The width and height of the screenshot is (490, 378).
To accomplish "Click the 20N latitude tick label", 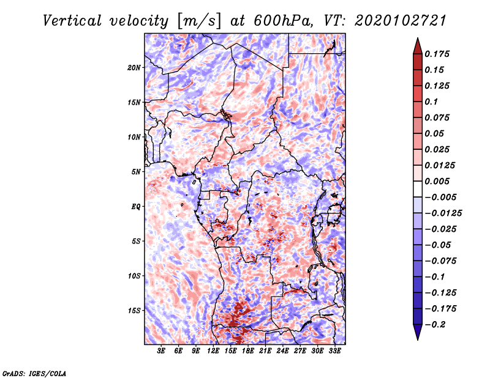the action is click(134, 68).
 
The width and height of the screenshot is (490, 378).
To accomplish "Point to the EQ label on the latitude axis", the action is click(135, 207).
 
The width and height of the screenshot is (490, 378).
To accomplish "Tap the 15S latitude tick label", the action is click(134, 311).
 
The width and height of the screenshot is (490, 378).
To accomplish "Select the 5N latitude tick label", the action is click(136, 172).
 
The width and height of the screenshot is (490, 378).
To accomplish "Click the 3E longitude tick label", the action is click(161, 351).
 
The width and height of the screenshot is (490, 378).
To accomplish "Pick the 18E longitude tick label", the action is click(248, 351).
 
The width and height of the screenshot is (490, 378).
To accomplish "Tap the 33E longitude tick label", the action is click(334, 351).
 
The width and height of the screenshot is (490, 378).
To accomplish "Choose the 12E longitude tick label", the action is click(213, 351).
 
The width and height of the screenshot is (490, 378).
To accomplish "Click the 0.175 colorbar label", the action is click(437, 54).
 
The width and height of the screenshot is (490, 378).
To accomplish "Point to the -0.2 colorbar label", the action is click(435, 325).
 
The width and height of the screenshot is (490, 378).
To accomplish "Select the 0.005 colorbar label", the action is click(437, 181).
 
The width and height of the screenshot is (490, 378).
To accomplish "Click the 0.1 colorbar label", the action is click(431, 102).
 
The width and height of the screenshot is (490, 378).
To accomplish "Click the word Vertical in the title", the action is click(72, 21).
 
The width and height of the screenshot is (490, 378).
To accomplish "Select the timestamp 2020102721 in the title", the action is click(401, 21).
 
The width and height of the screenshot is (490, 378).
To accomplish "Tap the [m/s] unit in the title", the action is click(198, 21).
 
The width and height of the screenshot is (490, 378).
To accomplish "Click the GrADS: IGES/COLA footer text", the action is click(34, 373).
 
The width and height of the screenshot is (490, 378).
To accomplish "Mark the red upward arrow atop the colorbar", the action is click(418, 46).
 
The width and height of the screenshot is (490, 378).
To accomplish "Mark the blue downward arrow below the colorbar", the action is click(418, 332).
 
